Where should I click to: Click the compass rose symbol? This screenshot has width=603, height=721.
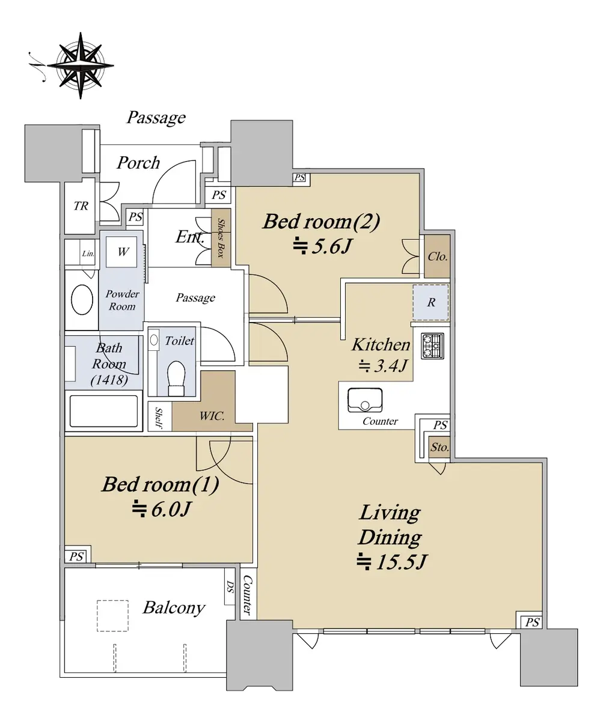point(80,65)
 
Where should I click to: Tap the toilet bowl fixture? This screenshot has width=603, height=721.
point(176,378)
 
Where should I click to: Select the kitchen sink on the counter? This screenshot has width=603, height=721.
point(364,400)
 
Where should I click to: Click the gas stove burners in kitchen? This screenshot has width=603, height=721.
point(432,346)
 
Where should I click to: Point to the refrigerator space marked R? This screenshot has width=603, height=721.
point(431,302)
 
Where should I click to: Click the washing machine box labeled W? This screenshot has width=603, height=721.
point(121,252)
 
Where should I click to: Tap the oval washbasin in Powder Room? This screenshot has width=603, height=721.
point(82,299)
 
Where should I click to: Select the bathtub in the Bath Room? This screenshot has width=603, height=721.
point(103,411)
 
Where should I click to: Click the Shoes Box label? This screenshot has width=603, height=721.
point(221,238)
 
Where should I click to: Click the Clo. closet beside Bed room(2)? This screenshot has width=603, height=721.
point(437,256)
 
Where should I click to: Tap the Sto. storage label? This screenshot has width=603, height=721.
point(439,447)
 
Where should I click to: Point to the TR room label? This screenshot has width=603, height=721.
point(81,206)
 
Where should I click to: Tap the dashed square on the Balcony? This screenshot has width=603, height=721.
point(112,616)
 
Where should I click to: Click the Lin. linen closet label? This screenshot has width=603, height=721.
point(88,254)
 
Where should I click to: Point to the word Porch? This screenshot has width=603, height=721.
point(138,163)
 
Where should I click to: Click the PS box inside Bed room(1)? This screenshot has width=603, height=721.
point(76,556)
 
